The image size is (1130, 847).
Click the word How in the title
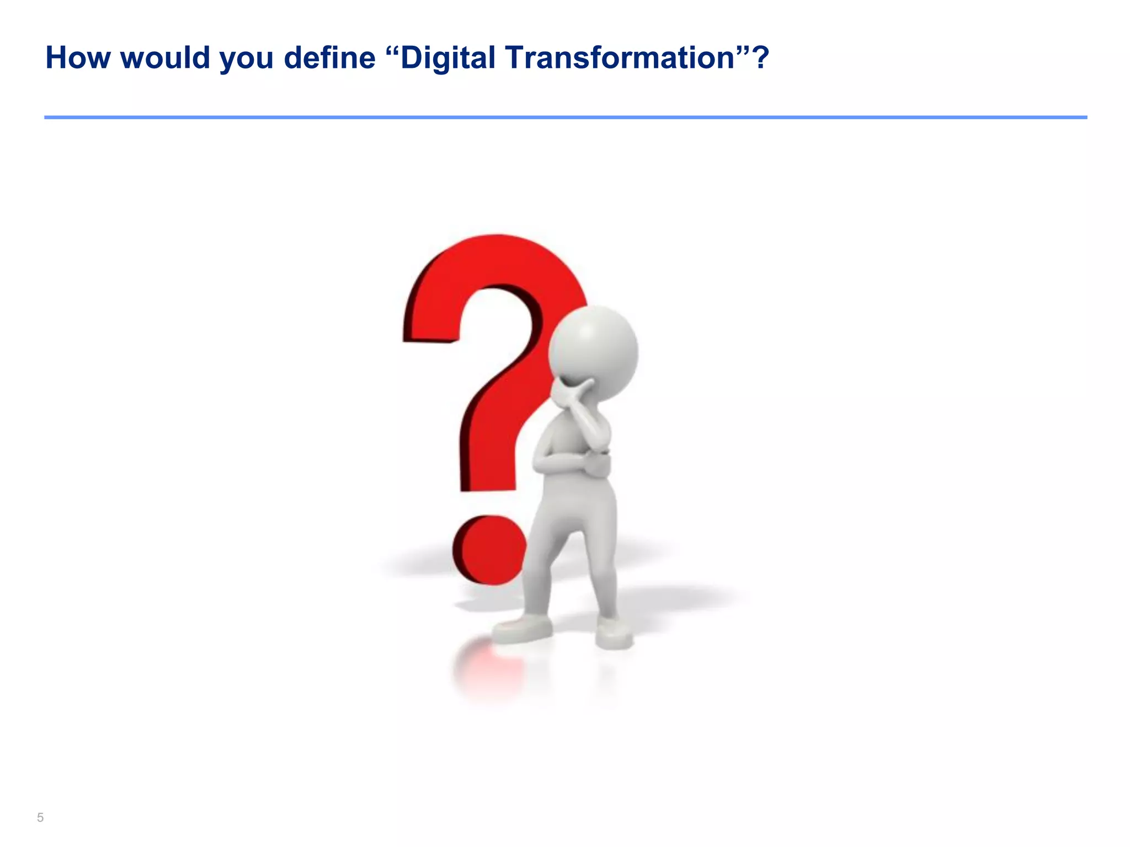[x=77, y=58]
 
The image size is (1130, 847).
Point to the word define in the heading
[x=329, y=58]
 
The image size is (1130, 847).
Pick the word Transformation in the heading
[x=621, y=58]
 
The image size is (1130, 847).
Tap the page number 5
[x=40, y=817]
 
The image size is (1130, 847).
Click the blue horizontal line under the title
[x=565, y=117]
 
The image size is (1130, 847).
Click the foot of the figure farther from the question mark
[x=614, y=634]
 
